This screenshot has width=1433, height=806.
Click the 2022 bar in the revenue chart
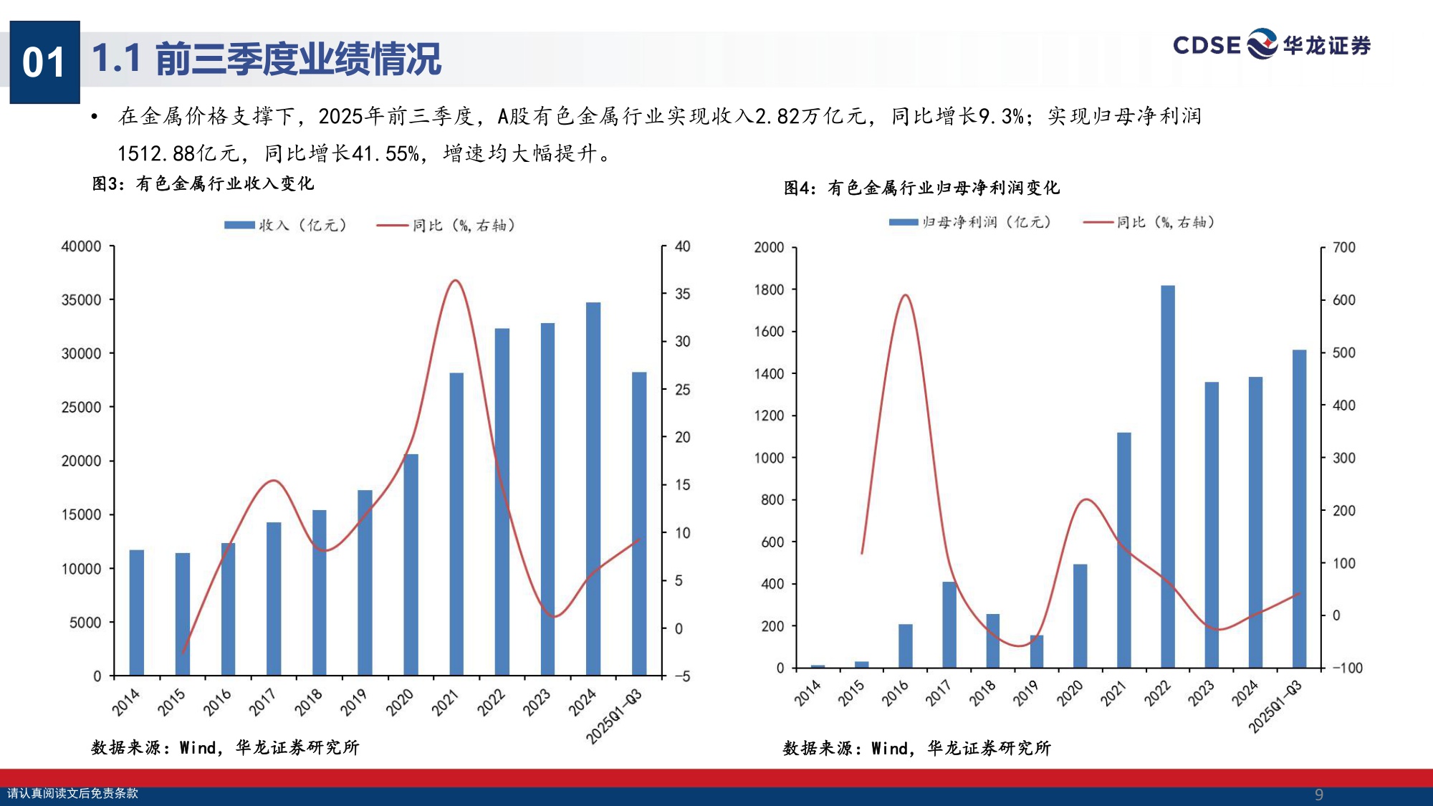tap(502, 502)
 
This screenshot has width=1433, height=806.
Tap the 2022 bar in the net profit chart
tap(1168, 476)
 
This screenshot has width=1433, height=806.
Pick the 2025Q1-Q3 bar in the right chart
tap(1299, 509)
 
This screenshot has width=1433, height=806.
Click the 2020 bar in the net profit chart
tap(1080, 616)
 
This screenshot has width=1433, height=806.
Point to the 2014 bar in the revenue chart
tap(137, 613)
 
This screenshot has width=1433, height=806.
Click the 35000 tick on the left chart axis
tap(81, 300)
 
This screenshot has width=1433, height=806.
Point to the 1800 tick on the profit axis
tap(769, 289)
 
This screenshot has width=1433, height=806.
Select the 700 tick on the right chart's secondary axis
tap(1343, 248)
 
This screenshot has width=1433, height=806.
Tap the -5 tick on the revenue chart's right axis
tap(681, 676)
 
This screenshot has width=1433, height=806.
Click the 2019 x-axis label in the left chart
tap(353, 702)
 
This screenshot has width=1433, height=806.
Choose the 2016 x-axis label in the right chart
tap(895, 693)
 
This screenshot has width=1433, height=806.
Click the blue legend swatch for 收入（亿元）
tap(239, 225)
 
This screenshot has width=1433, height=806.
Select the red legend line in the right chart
tap(1098, 222)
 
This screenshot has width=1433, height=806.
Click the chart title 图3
tap(203, 184)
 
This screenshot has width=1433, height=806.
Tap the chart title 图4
tap(921, 188)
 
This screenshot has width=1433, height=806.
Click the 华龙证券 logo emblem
tap(1262, 44)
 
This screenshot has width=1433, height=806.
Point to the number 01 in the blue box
tap(44, 62)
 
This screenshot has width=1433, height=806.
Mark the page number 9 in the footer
tap(1318, 794)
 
